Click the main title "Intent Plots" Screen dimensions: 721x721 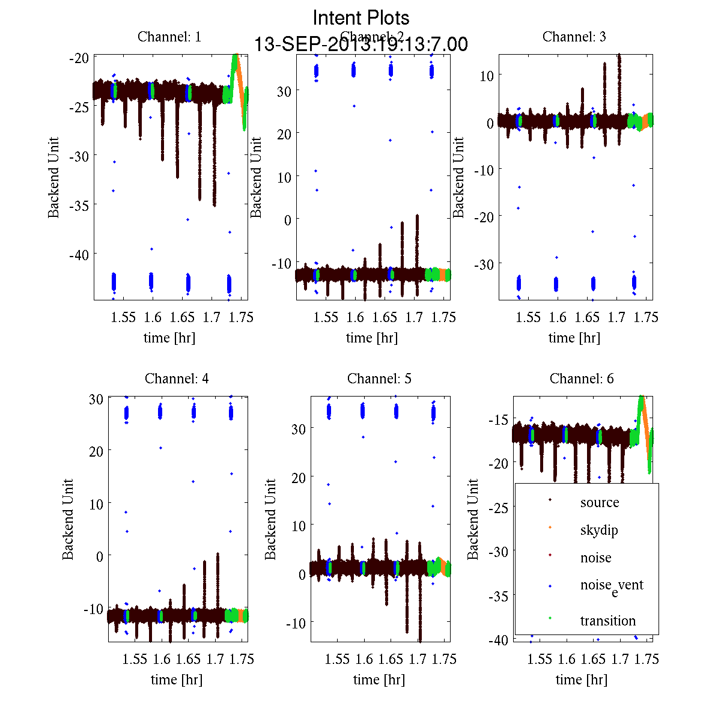361,17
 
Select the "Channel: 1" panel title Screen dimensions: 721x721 169,37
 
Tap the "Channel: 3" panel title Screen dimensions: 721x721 574,37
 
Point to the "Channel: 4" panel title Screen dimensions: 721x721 177,379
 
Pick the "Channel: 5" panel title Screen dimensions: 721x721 379,379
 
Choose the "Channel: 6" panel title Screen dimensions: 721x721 582,379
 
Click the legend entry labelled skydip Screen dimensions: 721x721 599,530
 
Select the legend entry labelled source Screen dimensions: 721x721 600,502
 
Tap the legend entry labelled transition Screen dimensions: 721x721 608,621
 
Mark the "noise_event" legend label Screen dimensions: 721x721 612,586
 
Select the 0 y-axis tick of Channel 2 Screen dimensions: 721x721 287,220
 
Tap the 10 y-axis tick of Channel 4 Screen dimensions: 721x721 96,503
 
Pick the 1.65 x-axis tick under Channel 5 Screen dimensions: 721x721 391,659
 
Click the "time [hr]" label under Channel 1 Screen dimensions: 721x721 169,338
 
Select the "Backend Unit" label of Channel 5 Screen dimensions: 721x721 271,519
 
